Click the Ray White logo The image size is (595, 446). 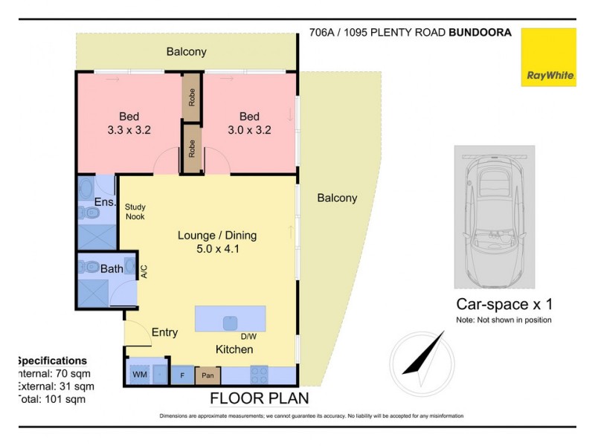[548, 58]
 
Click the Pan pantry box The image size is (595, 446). [208, 375]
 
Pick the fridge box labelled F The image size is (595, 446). [182, 375]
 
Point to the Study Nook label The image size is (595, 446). [135, 212]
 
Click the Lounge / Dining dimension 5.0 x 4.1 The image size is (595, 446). [216, 249]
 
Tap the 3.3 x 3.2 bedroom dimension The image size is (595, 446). [129, 129]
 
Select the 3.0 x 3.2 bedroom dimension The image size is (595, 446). [249, 129]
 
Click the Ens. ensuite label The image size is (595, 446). [103, 202]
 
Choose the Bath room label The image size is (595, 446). [112, 268]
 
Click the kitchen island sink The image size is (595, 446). [230, 323]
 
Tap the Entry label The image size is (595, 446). [164, 332]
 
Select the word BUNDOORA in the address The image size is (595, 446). [480, 33]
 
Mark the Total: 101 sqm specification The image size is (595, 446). [51, 399]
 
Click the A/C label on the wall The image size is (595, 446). [144, 272]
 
